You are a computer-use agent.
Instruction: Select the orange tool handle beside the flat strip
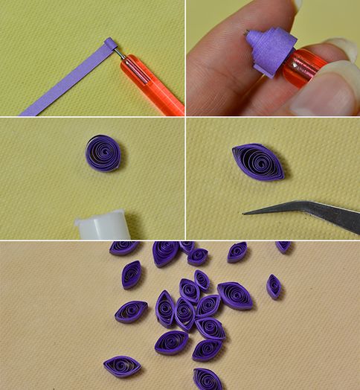click(x=152, y=84)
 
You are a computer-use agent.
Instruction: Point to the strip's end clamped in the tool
click(x=109, y=44)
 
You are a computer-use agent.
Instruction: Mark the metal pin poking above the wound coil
click(x=248, y=31)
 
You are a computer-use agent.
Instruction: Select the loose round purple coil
click(x=103, y=153)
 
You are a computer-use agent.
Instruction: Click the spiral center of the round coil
click(x=103, y=153)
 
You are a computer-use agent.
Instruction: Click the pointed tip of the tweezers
click(x=246, y=212)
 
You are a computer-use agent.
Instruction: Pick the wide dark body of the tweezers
click(x=327, y=215)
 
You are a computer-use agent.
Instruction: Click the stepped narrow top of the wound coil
click(x=257, y=36)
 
